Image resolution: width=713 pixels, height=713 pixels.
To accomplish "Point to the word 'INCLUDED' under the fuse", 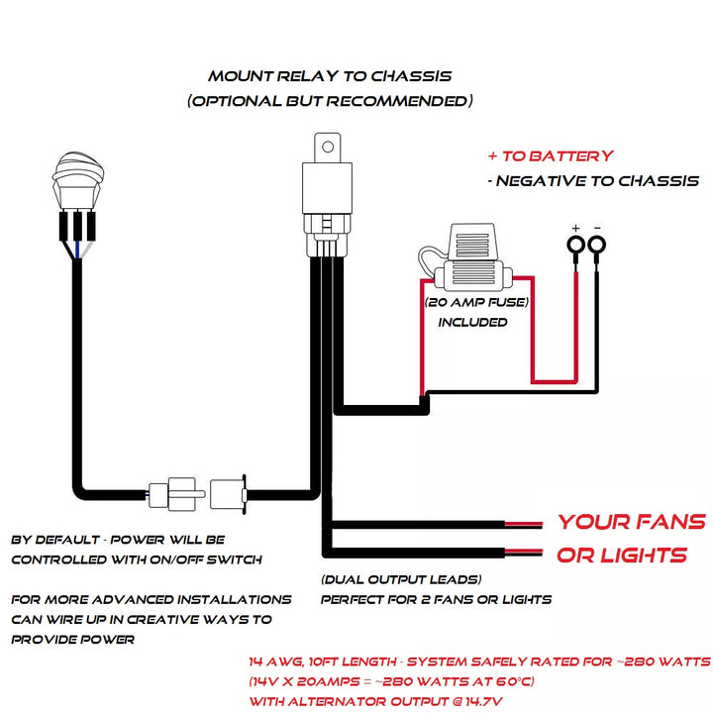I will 472,322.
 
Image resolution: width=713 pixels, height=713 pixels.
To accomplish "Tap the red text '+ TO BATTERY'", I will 550,155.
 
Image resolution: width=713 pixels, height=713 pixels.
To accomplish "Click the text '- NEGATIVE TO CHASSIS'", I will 593,181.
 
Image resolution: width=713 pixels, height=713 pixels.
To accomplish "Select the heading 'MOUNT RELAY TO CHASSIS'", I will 330,75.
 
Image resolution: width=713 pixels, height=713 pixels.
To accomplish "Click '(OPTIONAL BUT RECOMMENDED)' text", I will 330,101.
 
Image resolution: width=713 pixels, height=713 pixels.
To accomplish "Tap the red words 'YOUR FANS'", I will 631,522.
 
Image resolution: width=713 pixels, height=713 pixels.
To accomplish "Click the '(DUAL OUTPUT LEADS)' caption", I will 401,579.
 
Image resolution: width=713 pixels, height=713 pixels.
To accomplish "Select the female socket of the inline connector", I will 229,489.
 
